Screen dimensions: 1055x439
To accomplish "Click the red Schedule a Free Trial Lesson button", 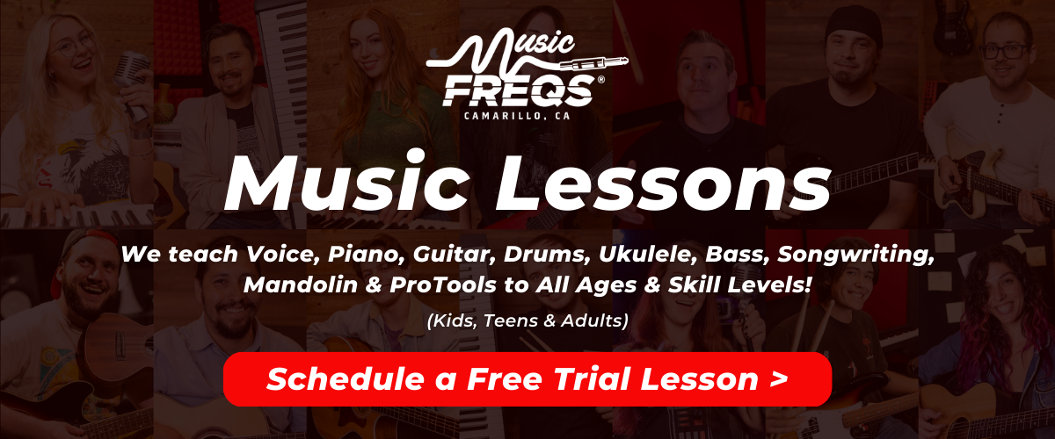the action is (527, 379).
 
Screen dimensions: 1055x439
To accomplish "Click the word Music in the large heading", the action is (346, 183).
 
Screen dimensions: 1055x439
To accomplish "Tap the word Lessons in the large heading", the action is (663, 184).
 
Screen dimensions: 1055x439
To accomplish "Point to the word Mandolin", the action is (301, 284).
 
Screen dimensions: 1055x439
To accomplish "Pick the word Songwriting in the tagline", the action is (855, 255).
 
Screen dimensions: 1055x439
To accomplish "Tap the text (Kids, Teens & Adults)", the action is (527, 320).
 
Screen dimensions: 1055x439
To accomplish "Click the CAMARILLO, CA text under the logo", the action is (517, 116).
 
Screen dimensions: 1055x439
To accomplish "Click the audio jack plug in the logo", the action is (594, 63).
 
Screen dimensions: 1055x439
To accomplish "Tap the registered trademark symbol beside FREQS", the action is (600, 80).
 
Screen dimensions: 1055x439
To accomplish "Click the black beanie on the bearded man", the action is (854, 25).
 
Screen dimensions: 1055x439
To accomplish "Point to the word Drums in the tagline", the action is (547, 254).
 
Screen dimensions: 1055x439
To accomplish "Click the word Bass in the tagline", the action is (737, 254).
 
